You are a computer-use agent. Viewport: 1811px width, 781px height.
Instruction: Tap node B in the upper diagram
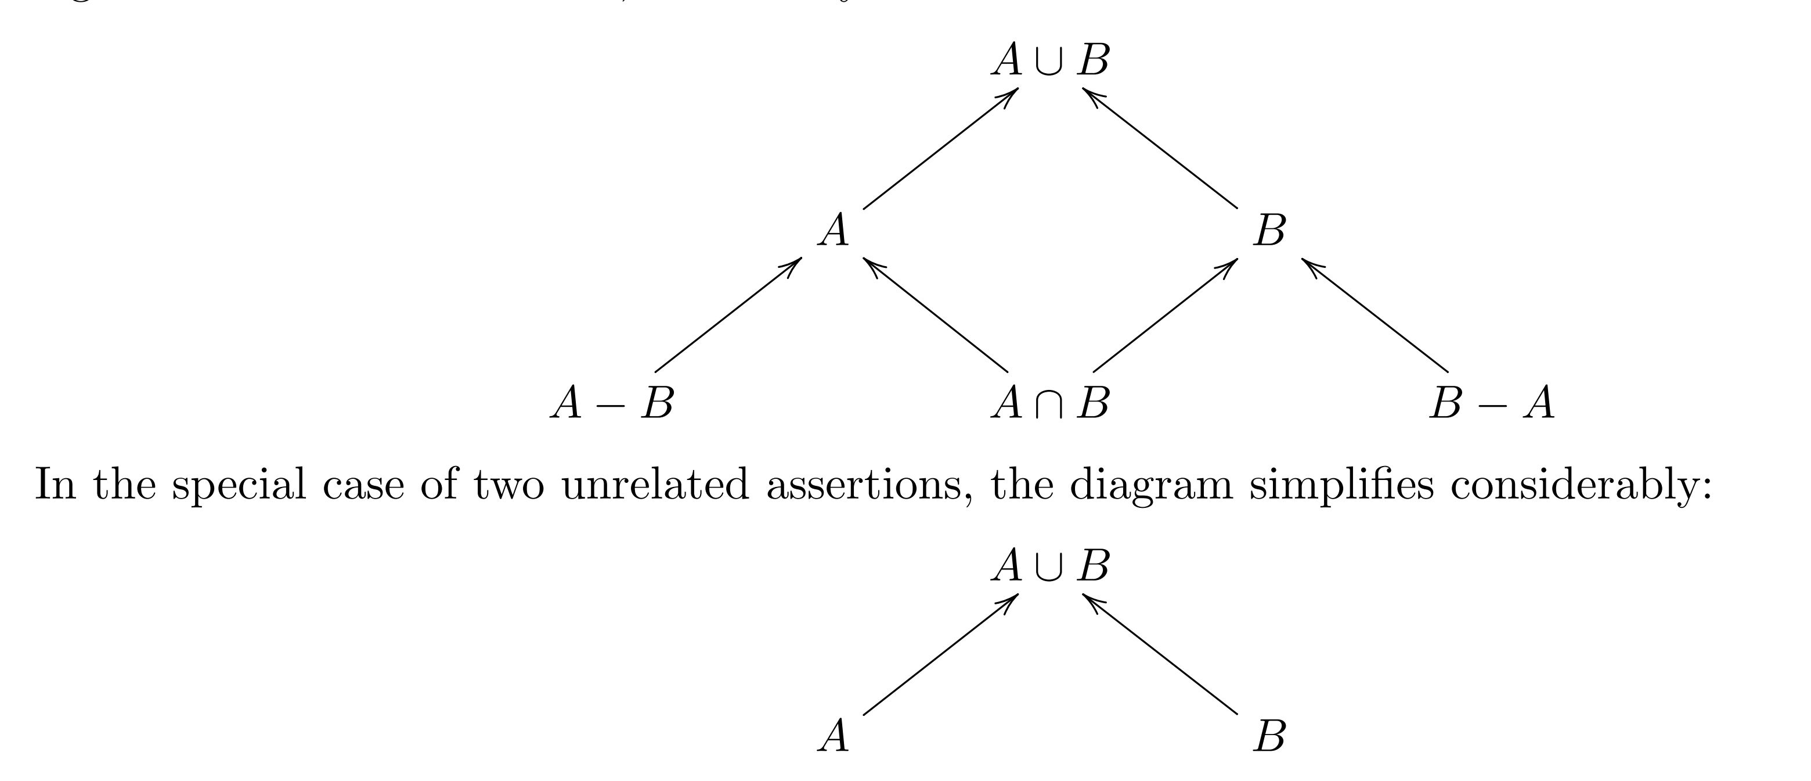pyautogui.click(x=1269, y=230)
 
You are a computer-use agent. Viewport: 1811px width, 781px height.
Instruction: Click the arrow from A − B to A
pyautogui.click(x=728, y=315)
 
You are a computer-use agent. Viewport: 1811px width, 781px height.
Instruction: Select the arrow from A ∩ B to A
pyautogui.click(x=936, y=315)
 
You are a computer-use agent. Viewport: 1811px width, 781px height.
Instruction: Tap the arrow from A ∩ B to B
pyautogui.click(x=1165, y=315)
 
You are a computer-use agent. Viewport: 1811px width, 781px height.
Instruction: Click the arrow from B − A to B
pyautogui.click(x=1375, y=315)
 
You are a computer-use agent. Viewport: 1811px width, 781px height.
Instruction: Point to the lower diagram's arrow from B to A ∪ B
pyautogui.click(x=1160, y=654)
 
